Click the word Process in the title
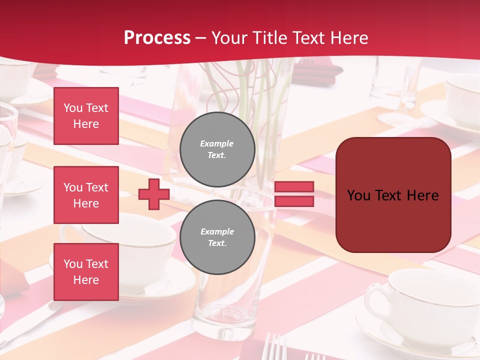(x=157, y=38)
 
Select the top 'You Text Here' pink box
(x=86, y=116)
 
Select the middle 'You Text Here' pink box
(x=86, y=195)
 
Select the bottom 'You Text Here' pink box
(x=86, y=271)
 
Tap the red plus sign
(x=154, y=194)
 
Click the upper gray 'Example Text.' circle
(x=217, y=149)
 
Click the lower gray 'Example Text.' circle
(x=217, y=237)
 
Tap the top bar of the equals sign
(x=294, y=187)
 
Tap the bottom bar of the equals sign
(x=294, y=201)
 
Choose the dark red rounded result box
(x=393, y=195)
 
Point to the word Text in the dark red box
(x=391, y=195)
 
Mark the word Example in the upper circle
(x=217, y=143)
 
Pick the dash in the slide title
(x=201, y=38)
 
